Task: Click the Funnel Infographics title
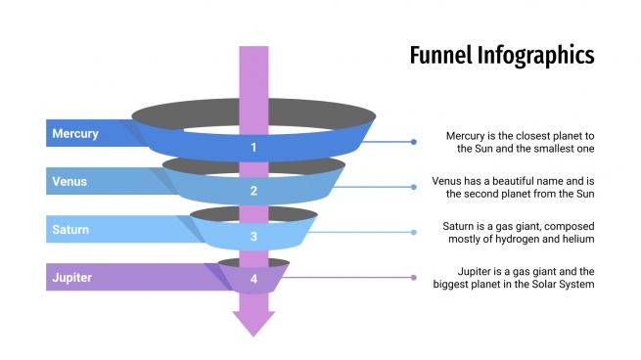(501, 55)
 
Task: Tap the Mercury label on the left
(75, 133)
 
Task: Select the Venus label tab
(69, 181)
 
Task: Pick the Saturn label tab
(70, 230)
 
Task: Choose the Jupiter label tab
(71, 277)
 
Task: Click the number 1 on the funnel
(253, 148)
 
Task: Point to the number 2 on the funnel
(253, 191)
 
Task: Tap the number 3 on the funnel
(253, 236)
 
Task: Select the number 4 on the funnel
(253, 279)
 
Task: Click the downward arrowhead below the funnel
(253, 322)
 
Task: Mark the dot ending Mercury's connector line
(414, 142)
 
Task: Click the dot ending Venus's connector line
(414, 187)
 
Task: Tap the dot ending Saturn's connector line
(414, 232)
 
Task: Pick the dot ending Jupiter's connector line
(414, 277)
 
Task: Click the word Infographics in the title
(535, 55)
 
